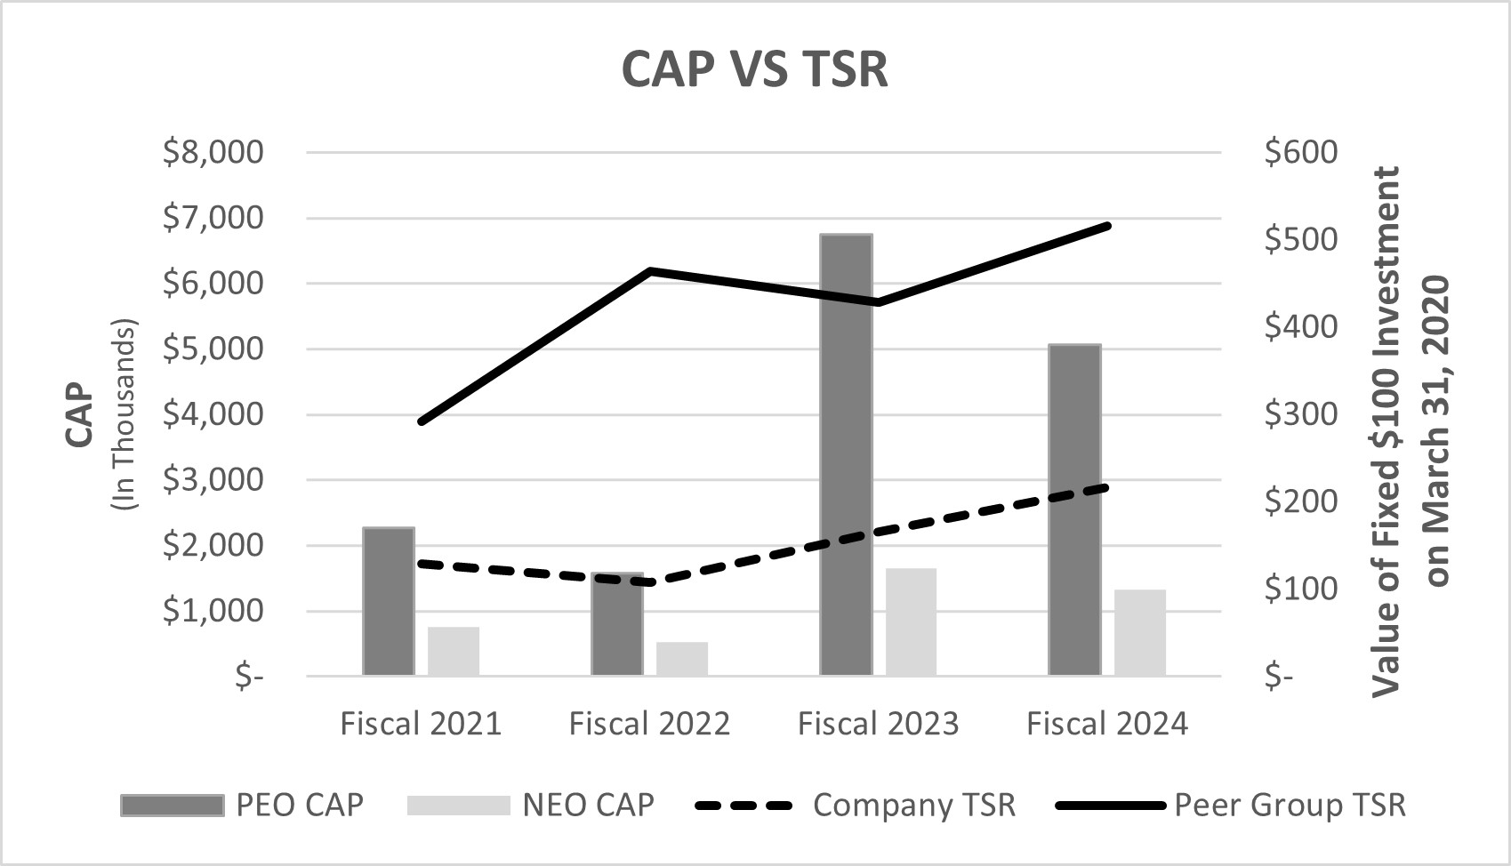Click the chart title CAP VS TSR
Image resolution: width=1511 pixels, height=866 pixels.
coord(754,69)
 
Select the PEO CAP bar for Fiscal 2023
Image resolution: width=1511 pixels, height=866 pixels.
coord(846,455)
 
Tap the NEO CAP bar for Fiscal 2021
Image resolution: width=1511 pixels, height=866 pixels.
coord(454,652)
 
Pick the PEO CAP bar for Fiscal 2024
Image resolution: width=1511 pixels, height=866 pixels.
coord(1074,510)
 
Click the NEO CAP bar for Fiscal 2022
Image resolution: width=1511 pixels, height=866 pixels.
coord(682,659)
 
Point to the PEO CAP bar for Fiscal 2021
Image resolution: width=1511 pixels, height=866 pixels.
coord(389,602)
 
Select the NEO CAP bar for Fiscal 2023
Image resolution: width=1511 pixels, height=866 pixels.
coord(911,622)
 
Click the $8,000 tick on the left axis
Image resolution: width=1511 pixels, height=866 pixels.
coord(213,152)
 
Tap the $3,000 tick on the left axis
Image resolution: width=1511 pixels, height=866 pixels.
coord(213,480)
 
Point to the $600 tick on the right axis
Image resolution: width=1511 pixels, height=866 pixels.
coord(1300,152)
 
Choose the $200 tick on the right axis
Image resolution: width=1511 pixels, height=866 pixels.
coord(1300,501)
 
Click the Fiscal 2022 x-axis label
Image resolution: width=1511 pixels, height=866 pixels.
coord(649,724)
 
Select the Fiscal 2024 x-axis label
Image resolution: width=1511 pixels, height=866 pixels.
coord(1106,724)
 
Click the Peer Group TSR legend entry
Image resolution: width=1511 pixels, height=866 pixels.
coord(1290,805)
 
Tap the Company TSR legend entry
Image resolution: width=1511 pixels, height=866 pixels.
coord(913,805)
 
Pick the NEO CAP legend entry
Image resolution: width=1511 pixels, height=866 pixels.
coord(588,805)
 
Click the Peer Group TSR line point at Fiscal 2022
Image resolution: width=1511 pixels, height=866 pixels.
coord(651,270)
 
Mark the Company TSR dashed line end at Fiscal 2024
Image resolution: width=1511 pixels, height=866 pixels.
coord(1106,486)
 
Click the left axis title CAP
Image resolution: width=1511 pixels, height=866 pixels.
coord(79,414)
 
